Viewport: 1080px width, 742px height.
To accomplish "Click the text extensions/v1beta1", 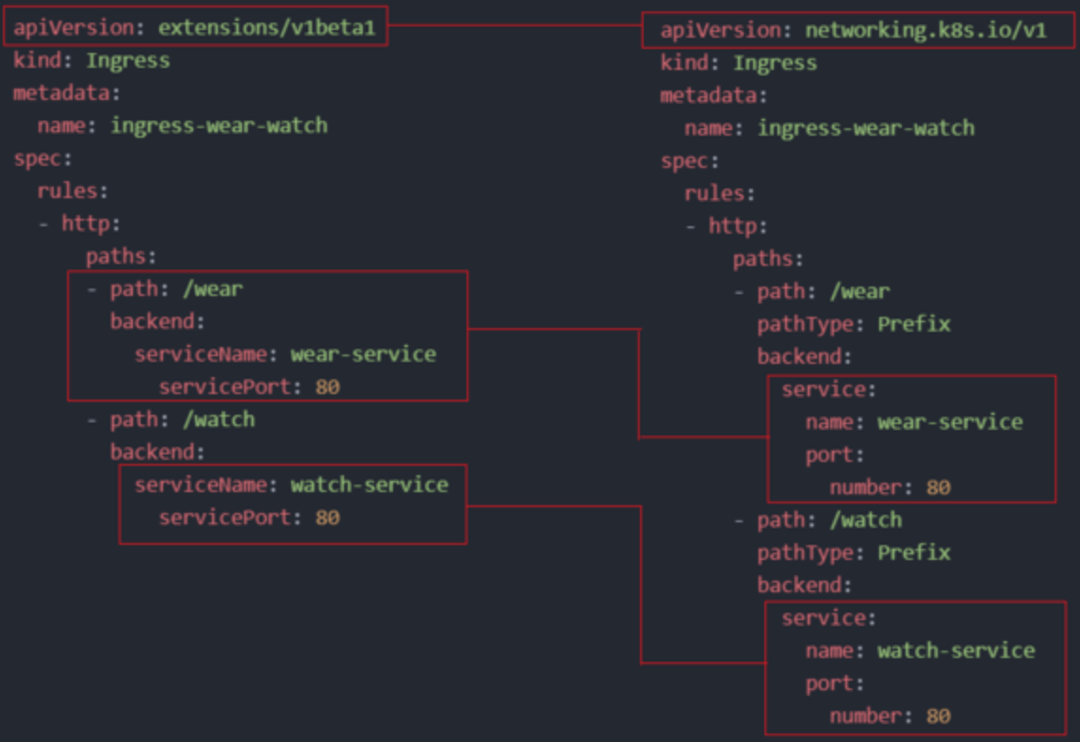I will coord(267,27).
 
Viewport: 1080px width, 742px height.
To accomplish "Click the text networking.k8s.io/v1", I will coord(925,30).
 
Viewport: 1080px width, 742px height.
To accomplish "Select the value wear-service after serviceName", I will coord(364,355).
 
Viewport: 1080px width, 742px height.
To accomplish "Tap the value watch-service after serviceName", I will coord(369,485).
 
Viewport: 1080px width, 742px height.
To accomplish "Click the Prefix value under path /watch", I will coord(913,552).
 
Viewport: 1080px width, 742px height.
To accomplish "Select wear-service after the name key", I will coord(950,421).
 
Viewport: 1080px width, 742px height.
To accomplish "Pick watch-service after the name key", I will coord(956,651).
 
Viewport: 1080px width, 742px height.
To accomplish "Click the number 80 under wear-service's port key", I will coord(938,487).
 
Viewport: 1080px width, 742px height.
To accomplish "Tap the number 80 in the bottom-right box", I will coord(938,716).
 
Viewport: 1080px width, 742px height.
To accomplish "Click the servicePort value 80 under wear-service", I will coord(327,387).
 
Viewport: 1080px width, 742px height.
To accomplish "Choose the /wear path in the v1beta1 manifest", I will coord(212,289).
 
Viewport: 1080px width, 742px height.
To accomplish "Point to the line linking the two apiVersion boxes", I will coord(515,27).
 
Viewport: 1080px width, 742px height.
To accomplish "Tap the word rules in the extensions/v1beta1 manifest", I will coord(67,190).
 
